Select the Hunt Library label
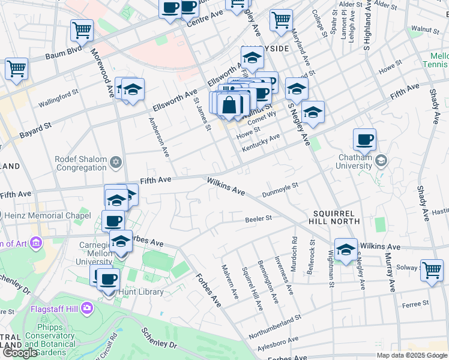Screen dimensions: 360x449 coord(142,292)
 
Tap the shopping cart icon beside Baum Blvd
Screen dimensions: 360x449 coord(82,30)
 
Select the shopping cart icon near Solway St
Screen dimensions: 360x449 coord(432,270)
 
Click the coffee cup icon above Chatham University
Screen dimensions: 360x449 coord(364,140)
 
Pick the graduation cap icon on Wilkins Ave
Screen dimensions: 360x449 coord(346,250)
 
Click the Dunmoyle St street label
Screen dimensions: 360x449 coord(280,190)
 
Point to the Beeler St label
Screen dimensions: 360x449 coord(259,219)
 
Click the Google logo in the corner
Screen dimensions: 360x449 coord(20,353)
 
